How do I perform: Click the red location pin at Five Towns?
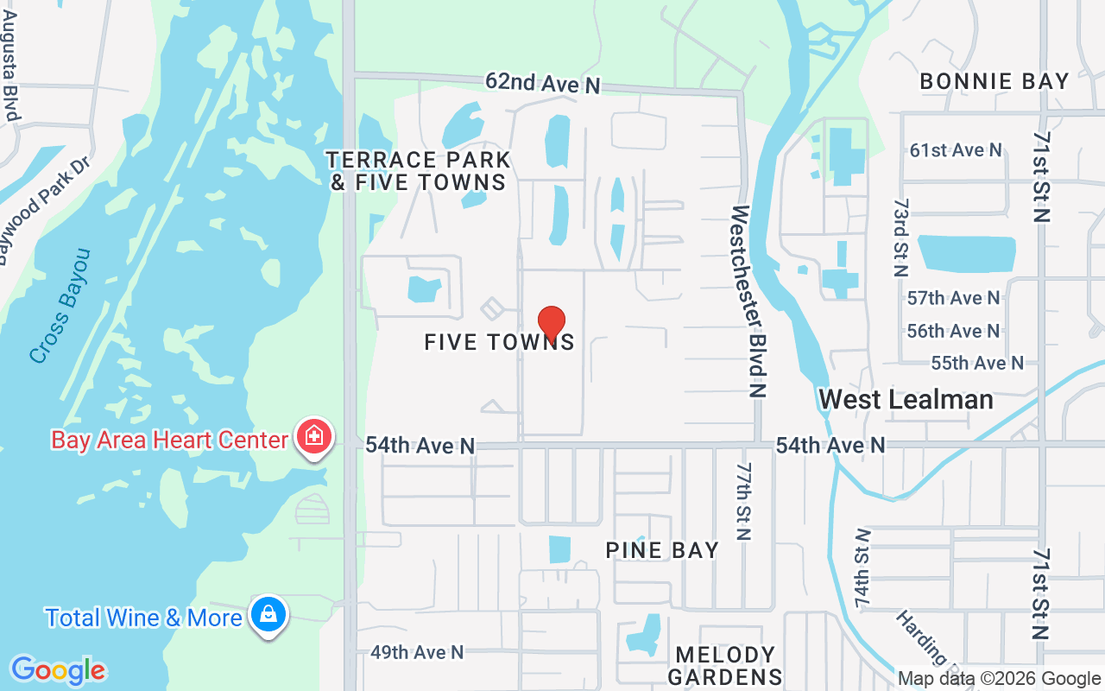552,324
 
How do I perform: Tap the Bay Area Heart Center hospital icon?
314,436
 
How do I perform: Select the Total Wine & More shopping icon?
268,615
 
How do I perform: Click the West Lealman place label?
906,399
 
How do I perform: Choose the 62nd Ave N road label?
542,83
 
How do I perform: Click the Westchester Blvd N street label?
748,301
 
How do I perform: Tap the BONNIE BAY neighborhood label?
994,82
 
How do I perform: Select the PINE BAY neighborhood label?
662,550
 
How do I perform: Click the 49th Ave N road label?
417,652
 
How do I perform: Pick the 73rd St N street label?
901,237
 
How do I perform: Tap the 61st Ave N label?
956,150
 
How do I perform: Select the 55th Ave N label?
977,363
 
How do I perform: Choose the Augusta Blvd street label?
11,60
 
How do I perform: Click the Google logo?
58,670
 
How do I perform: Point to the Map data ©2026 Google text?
999,679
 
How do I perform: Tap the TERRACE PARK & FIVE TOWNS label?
419,171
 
